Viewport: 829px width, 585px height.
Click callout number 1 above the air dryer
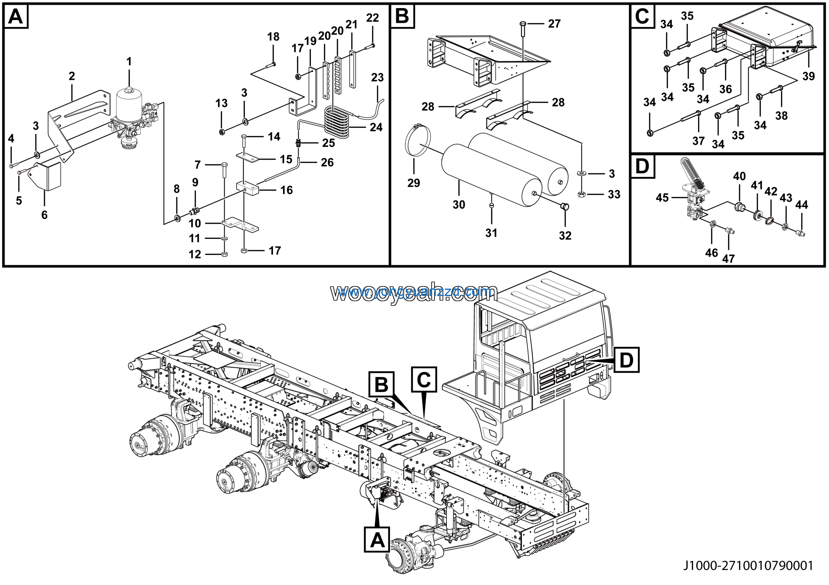129,62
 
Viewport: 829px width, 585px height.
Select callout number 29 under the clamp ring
414,183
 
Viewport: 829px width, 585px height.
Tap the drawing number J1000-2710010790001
748,565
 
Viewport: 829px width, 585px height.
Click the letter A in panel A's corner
16,17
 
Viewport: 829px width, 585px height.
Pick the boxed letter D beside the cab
626,360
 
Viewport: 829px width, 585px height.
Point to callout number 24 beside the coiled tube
376,127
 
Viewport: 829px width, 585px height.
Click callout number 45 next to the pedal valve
662,198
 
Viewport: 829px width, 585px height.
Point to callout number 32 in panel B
565,236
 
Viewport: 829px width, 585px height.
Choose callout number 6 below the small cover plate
44,215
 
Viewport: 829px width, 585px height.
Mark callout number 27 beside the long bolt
554,24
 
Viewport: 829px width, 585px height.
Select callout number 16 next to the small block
286,190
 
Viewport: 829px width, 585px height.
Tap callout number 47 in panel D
728,259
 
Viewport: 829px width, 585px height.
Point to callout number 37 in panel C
698,141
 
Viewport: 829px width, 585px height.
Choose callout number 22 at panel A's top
372,18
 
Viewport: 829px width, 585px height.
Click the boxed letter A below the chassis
377,540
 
